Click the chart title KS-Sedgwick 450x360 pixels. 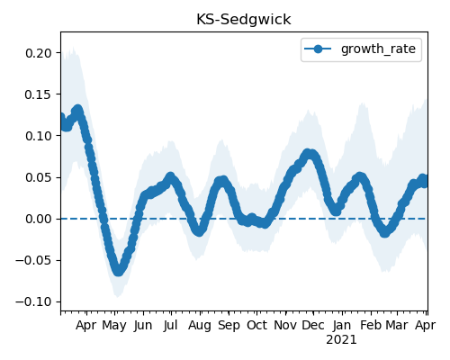(243, 20)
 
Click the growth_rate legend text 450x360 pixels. (378, 49)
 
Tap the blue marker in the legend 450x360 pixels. (318, 49)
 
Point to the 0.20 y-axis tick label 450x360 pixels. (39, 53)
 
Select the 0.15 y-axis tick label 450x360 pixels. (39, 94)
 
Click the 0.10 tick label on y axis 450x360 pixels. (39, 136)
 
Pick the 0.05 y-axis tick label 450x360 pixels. (39, 177)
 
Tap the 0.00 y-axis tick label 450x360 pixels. (39, 219)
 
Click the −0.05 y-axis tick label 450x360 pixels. (34, 260)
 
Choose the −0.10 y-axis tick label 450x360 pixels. (34, 301)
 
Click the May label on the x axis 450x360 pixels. (114, 326)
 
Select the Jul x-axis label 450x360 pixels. (171, 326)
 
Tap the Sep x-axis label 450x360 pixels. (229, 326)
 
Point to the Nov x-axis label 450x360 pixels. (285, 326)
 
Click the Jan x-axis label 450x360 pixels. (342, 326)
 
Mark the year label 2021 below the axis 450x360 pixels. (341, 340)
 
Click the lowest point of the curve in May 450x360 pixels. (119, 271)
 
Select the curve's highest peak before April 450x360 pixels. (78, 110)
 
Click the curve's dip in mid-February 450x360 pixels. (385, 232)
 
